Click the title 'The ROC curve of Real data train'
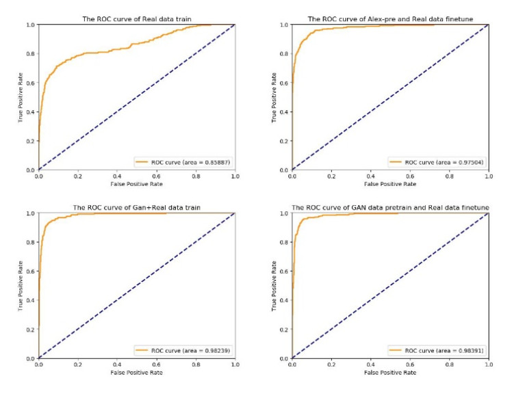[x=136, y=18]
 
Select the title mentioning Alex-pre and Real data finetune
[x=390, y=18]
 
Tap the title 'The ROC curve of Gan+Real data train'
[x=136, y=207]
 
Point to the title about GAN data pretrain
[x=390, y=207]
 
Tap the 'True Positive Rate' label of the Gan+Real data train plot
[x=20, y=285]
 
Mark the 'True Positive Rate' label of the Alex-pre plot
[x=274, y=97]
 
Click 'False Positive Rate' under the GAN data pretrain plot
[x=390, y=373]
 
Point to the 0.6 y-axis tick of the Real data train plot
[x=31, y=83]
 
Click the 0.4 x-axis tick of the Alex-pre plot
[x=370, y=176]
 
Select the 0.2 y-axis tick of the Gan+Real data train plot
[x=31, y=330]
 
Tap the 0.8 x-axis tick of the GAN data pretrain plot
[x=449, y=364]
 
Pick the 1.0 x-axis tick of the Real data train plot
[x=235, y=176]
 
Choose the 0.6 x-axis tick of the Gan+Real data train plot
[x=156, y=364]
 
